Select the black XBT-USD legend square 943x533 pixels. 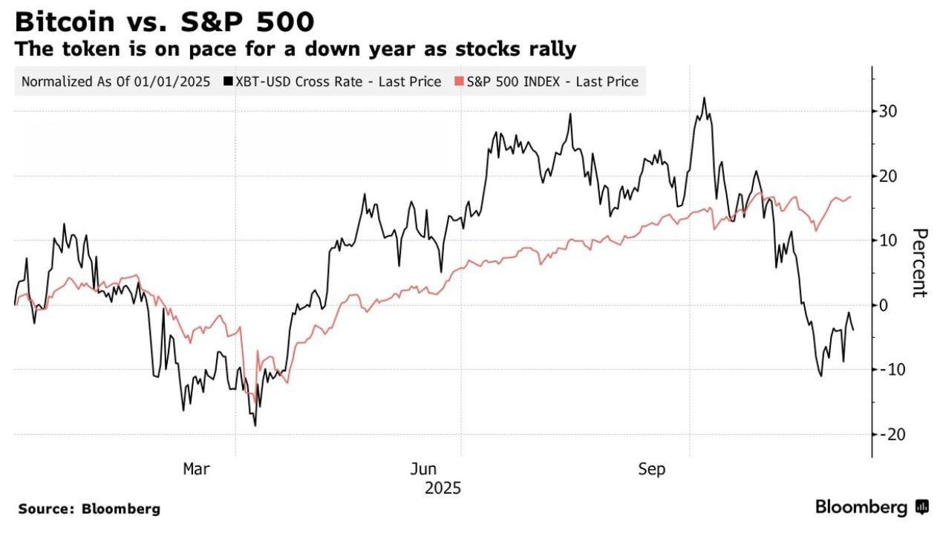(x=227, y=82)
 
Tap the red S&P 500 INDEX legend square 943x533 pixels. (x=460, y=82)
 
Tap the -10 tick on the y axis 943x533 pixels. (x=893, y=370)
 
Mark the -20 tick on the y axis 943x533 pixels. (x=893, y=434)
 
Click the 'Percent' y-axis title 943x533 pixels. (x=920, y=263)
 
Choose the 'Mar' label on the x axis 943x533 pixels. (x=196, y=469)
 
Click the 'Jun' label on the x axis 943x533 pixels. (x=424, y=469)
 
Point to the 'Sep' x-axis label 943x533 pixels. (x=653, y=469)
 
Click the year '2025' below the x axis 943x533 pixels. (x=443, y=488)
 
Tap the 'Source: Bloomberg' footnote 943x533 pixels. (x=89, y=509)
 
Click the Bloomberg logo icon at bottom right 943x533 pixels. (x=922, y=508)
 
